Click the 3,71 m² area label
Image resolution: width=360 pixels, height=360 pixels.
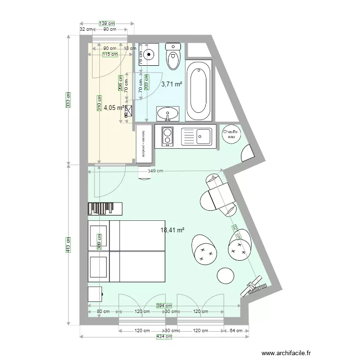pyautogui.click(x=171, y=84)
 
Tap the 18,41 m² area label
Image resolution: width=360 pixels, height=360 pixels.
pyautogui.click(x=173, y=230)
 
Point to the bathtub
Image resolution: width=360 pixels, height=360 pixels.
pyautogui.click(x=198, y=91)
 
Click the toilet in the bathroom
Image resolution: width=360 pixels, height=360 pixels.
pyautogui.click(x=172, y=57)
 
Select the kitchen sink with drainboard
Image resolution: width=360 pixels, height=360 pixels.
pyautogui.click(x=196, y=136)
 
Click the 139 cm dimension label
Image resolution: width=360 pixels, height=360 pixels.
pyautogui.click(x=107, y=23)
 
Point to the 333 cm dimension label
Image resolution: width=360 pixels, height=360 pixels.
pyautogui.click(x=68, y=100)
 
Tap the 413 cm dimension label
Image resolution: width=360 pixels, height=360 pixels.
pyautogui.click(x=68, y=244)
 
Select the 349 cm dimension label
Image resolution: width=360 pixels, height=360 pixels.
pyautogui.click(x=155, y=170)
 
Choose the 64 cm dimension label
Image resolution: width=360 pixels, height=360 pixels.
pyautogui.click(x=236, y=331)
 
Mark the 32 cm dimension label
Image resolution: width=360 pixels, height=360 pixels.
pyautogui.click(x=86, y=29)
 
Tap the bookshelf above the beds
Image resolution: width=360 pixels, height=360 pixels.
pyautogui.click(x=105, y=208)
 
